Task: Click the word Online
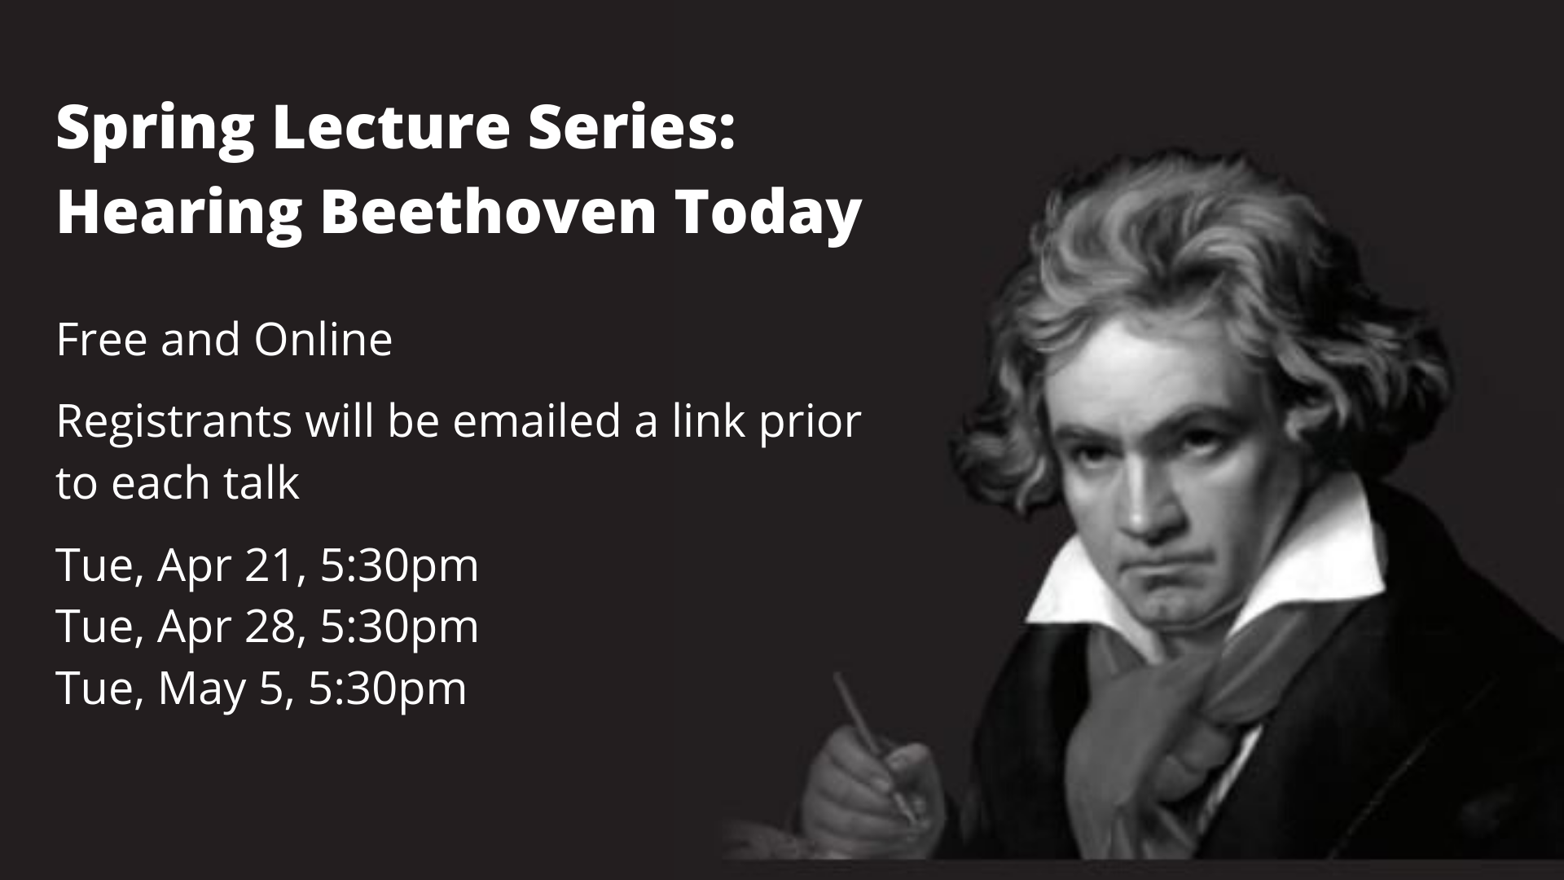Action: point(323,339)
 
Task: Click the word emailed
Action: point(538,422)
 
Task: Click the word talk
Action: point(258,482)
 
